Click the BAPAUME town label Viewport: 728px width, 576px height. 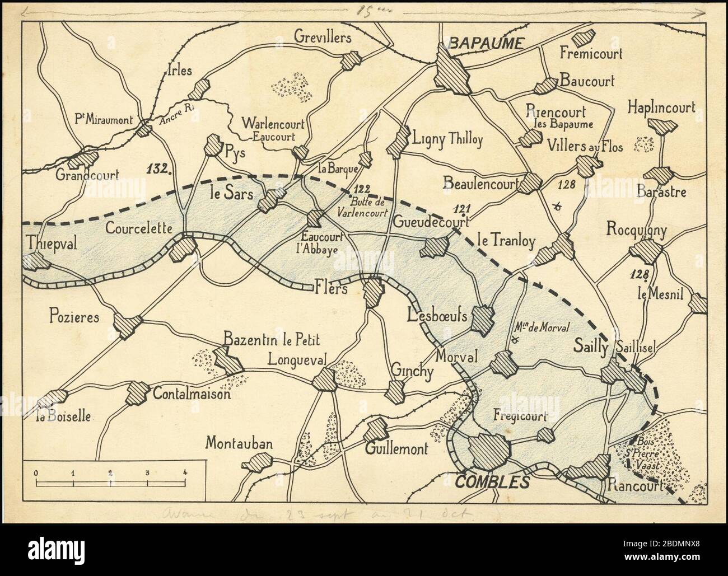pos(486,43)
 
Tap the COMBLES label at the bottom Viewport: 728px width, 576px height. pos(493,481)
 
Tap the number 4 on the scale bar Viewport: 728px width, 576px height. pos(185,472)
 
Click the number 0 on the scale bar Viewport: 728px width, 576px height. pos(36,472)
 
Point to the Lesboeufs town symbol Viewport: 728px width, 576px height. pos(483,320)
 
